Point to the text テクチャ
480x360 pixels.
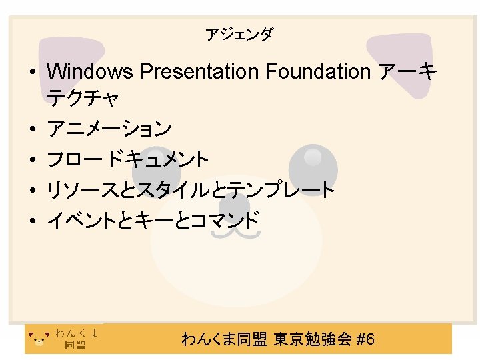83,99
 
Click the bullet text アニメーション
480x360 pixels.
109,128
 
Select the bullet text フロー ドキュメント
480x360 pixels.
127,159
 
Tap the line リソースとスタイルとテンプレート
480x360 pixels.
190,191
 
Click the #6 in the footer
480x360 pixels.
366,340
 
